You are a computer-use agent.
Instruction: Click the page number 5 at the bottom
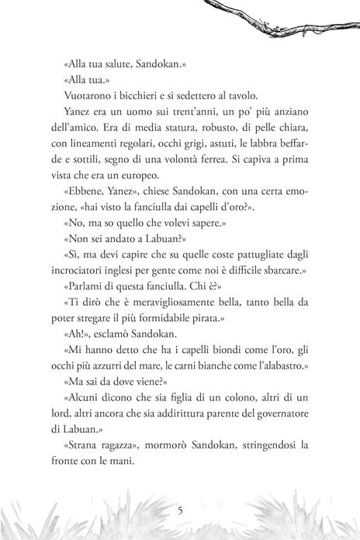tap(180, 511)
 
